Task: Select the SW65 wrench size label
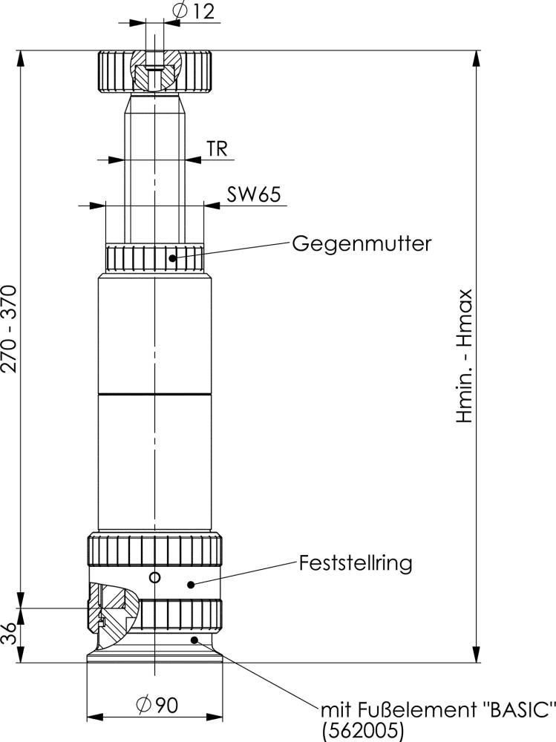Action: [x=253, y=194]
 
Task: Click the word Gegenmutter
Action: [x=361, y=243]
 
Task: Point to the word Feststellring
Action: [x=355, y=562]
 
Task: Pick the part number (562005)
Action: [x=364, y=731]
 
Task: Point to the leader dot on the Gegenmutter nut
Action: [x=173, y=258]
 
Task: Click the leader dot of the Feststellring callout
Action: [x=191, y=584]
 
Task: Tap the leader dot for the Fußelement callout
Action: [x=194, y=639]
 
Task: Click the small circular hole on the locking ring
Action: [x=154, y=577]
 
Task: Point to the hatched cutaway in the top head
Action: [x=155, y=70]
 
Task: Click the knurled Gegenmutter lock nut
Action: [x=154, y=258]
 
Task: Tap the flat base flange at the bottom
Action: [x=154, y=657]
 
